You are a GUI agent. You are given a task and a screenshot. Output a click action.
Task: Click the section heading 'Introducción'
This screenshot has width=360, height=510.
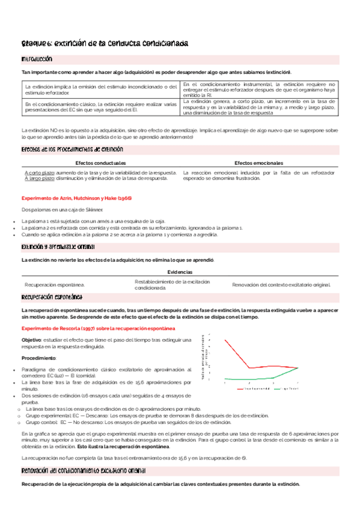pyautogui.click(x=37, y=60)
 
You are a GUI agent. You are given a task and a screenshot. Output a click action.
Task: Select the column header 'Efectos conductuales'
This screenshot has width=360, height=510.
pyautogui.click(x=100, y=163)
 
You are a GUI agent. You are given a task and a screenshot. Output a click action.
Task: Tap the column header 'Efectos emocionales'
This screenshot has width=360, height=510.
pyautogui.click(x=259, y=163)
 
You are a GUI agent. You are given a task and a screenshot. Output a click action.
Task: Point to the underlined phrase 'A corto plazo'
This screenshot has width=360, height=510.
pyautogui.click(x=38, y=172)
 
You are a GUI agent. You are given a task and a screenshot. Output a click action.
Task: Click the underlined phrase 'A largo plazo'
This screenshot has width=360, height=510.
pyautogui.click(x=38, y=178)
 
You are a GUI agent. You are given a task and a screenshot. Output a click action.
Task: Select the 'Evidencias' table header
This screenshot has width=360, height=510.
pyautogui.click(x=180, y=272)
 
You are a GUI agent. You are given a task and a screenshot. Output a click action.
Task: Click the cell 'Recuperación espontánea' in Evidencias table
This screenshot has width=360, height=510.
pyautogui.click(x=53, y=284)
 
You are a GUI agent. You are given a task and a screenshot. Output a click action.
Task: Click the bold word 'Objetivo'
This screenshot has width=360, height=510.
pyautogui.click(x=32, y=340)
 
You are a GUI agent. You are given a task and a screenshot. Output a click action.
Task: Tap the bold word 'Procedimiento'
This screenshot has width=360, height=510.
pyautogui.click(x=38, y=358)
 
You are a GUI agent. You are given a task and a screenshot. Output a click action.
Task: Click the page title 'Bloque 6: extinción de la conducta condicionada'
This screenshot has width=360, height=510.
pyautogui.click(x=105, y=44)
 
